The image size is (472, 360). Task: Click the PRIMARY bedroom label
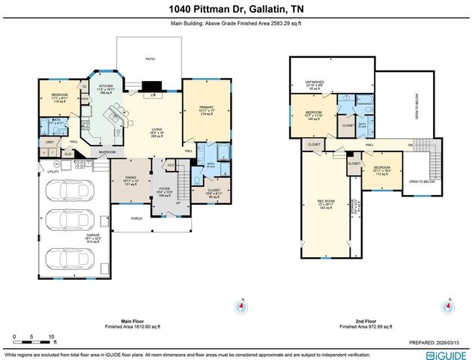click(x=207, y=107)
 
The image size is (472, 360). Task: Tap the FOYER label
click(x=163, y=191)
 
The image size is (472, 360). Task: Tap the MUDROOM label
click(x=103, y=151)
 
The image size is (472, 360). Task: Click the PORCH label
click(x=136, y=218)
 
